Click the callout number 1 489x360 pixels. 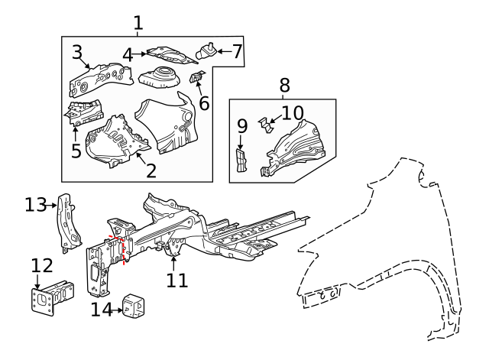(138, 23)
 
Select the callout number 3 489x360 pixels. (77, 52)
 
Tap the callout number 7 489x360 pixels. (237, 51)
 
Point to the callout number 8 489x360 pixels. (284, 85)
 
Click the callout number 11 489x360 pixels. (176, 281)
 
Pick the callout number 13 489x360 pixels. (35, 205)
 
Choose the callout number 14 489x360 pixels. (101, 310)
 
